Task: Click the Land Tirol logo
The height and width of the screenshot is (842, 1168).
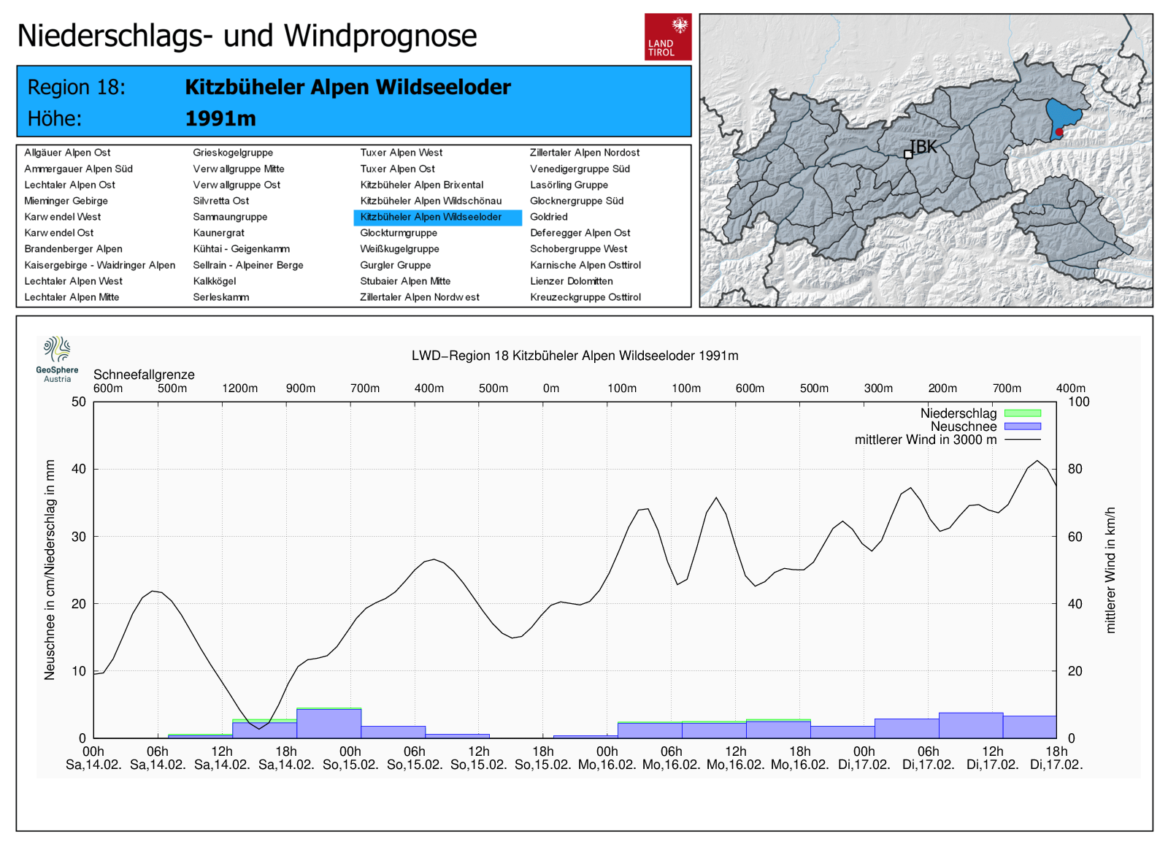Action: [667, 37]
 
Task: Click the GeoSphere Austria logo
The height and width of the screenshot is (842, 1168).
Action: [57, 359]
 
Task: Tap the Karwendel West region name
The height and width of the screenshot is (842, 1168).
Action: [63, 217]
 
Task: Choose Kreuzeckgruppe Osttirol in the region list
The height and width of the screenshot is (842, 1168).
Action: [585, 297]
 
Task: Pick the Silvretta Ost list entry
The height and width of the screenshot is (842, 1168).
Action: [221, 201]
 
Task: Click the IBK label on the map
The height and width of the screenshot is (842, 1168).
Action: [923, 147]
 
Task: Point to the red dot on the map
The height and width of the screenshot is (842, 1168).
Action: [1059, 132]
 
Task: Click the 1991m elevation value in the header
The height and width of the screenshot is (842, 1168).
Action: [220, 118]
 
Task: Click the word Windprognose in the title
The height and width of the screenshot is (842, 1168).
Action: [380, 36]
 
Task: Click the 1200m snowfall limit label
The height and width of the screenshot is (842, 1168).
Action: [239, 389]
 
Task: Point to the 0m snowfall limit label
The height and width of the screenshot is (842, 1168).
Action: [551, 389]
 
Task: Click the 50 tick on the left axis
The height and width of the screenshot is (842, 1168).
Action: [78, 402]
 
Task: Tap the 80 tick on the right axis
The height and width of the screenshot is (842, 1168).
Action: [1075, 469]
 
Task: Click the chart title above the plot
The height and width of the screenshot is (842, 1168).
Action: [575, 356]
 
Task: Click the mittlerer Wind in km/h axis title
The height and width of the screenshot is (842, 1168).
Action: [1110, 570]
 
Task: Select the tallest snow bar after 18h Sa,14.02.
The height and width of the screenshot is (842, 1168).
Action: [328, 723]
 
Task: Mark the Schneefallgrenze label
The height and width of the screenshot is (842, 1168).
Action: [144, 375]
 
